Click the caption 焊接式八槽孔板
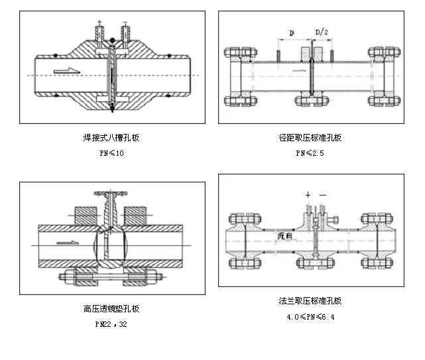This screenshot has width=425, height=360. click(x=111, y=138)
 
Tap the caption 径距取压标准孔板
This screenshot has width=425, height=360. click(x=310, y=138)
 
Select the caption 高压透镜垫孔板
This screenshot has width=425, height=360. click(x=111, y=308)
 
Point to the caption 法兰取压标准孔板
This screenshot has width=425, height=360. click(x=310, y=300)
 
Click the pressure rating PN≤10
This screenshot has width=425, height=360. click(x=111, y=153)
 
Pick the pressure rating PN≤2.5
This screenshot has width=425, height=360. click(x=310, y=153)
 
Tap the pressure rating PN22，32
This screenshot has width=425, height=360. click(x=111, y=324)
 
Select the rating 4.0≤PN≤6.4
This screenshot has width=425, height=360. click(x=310, y=317)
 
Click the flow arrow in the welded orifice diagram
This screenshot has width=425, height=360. click(x=67, y=70)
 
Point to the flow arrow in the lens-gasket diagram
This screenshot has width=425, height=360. click(x=66, y=243)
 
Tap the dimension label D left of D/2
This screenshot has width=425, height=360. click(x=292, y=32)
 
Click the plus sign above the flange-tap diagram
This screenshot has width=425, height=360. click(x=308, y=195)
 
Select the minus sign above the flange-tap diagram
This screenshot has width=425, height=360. click(x=322, y=195)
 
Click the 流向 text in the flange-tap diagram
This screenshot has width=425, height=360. click(x=285, y=235)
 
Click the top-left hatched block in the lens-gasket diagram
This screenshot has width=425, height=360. click(x=84, y=216)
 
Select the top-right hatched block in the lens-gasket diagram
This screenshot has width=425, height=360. click(x=135, y=216)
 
